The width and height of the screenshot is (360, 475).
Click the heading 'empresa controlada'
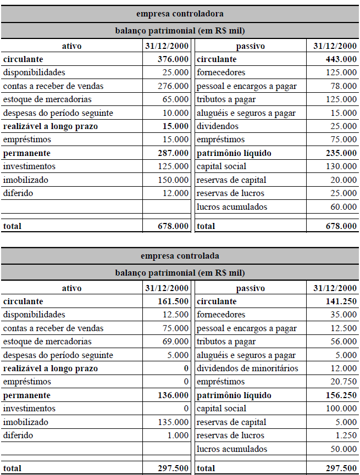[x=180, y=255]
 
